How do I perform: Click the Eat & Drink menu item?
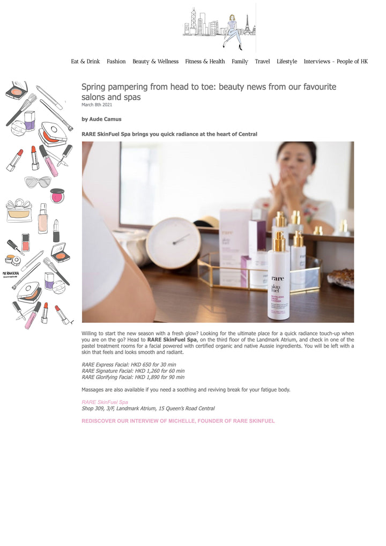point(85,61)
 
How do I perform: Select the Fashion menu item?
point(116,61)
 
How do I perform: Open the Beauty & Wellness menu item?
point(155,61)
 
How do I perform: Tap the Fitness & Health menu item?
point(205,61)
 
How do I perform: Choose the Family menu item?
point(240,62)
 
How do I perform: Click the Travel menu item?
point(263,61)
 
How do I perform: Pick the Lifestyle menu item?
point(287,62)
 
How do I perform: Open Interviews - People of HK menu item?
point(336,62)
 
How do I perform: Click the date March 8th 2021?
point(96,105)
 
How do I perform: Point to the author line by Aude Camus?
point(102,119)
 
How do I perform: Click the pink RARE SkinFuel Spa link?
point(105,402)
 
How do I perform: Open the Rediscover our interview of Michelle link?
point(178,421)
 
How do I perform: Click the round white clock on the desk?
point(173,243)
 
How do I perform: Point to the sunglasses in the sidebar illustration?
point(38,182)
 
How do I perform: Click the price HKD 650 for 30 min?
point(153,365)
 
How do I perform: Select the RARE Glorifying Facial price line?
point(133,377)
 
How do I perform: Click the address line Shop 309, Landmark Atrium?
point(149,409)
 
